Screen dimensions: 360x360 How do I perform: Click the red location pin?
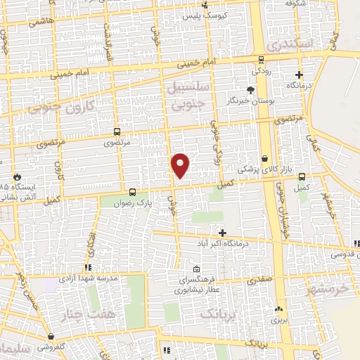[181, 165]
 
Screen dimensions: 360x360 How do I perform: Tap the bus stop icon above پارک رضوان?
[133, 191]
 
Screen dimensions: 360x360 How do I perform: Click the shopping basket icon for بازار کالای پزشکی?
[265, 159]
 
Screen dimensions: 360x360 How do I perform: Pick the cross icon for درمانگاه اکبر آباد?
[222, 232]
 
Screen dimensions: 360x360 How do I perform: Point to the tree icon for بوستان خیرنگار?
[251, 89]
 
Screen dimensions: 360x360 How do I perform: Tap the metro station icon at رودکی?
[261, 60]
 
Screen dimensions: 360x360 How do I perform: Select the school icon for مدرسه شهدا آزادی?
[88, 267]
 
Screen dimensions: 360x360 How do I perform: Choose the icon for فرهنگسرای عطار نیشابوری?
[196, 269]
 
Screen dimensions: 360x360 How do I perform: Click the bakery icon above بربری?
[279, 308]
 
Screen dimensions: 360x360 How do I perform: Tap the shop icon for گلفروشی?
[51, 337]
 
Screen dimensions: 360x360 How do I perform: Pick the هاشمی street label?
[41, 23]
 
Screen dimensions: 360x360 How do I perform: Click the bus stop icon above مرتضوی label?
[116, 131]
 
